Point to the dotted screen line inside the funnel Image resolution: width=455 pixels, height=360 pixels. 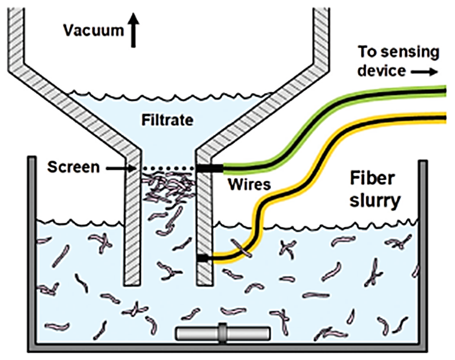point(168,169)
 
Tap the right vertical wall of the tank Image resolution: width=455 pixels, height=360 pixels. point(423,252)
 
